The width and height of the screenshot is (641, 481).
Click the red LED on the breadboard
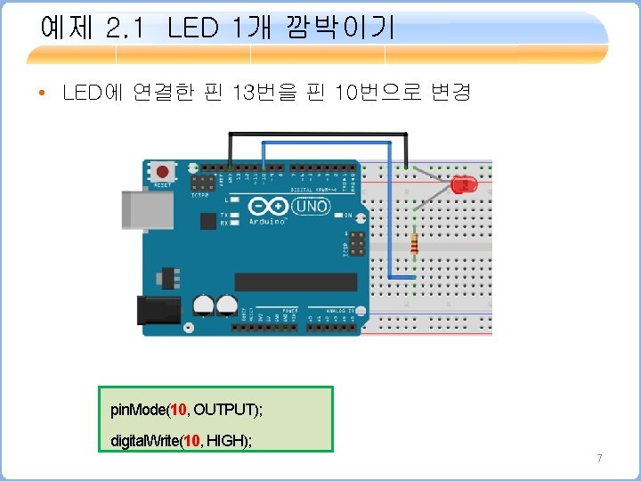(464, 185)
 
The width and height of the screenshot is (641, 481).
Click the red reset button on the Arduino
(162, 171)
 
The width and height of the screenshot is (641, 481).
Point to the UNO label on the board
(312, 207)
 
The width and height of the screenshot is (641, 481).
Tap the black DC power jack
(157, 310)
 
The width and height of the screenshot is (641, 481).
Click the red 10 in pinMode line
(179, 410)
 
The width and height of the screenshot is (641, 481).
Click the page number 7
(599, 459)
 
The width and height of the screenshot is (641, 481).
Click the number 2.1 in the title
(125, 29)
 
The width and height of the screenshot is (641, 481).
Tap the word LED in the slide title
(191, 29)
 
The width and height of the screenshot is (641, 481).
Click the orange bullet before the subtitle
(43, 93)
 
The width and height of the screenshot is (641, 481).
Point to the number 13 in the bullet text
(242, 92)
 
